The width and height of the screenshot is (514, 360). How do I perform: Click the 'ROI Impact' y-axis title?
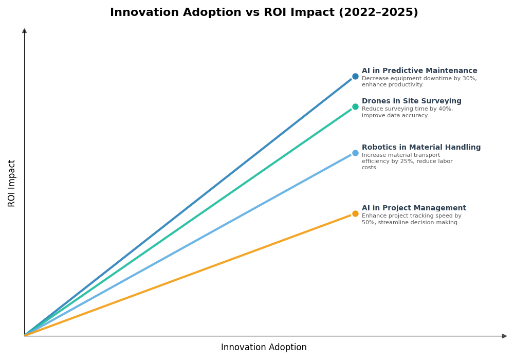[12, 183]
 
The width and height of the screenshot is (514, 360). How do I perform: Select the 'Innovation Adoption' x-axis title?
[264, 348]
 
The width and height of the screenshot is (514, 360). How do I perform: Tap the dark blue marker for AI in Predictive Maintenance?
[355, 77]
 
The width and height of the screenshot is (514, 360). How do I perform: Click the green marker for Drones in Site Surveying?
[355, 107]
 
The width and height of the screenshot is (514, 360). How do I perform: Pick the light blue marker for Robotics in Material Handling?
[355, 153]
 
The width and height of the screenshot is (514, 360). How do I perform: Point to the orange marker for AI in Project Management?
[355, 214]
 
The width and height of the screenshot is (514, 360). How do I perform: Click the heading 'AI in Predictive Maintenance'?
[419, 71]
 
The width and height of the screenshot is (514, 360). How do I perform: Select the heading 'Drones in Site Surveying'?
[411, 101]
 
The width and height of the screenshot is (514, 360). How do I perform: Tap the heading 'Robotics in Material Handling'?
[421, 148]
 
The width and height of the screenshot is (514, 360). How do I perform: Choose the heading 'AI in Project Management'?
[414, 208]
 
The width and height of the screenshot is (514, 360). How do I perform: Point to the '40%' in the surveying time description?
[446, 109]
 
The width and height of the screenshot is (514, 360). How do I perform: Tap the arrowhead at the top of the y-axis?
[24, 31]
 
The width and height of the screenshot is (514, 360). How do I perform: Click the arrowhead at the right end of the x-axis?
[504, 336]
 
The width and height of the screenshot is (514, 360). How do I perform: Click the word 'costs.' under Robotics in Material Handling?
[370, 168]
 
